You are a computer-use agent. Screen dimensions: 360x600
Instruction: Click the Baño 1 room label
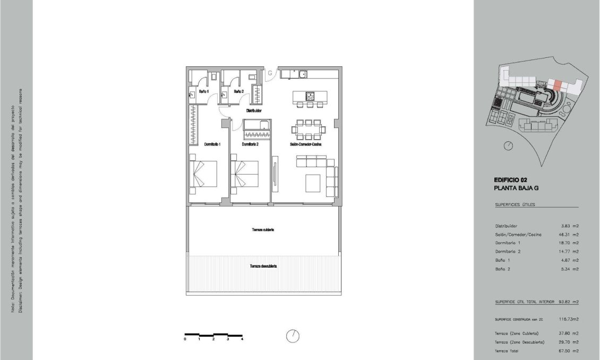pyautogui.click(x=203, y=91)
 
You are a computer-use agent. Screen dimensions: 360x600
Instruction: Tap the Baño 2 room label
pyautogui.click(x=238, y=91)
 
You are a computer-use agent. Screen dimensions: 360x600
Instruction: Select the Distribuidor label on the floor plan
pyautogui.click(x=253, y=111)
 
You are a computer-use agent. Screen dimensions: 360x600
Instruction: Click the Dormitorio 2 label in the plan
pyautogui.click(x=250, y=144)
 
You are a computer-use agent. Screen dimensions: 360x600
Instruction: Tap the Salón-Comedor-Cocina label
pyautogui.click(x=307, y=144)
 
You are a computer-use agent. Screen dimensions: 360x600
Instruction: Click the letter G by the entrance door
pyautogui.click(x=269, y=72)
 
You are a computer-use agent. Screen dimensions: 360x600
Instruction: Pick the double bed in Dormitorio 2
pyautogui.click(x=245, y=174)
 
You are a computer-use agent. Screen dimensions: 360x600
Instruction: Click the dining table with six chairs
pyautogui.click(x=308, y=127)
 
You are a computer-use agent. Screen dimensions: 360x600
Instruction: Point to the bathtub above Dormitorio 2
pyautogui.click(x=257, y=125)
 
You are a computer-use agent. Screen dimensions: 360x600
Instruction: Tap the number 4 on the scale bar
pyautogui.click(x=242, y=339)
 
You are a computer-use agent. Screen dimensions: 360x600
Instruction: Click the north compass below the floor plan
pyautogui.click(x=293, y=336)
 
